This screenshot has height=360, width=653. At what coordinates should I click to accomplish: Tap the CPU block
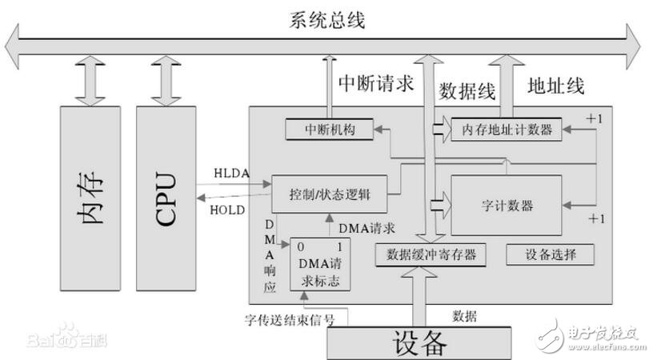tap(166, 197)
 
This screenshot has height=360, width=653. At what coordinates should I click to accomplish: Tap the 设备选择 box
tap(550, 254)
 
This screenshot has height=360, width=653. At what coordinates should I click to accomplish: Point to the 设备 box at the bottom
tap(419, 343)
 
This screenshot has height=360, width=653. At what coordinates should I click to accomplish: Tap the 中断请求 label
tap(371, 82)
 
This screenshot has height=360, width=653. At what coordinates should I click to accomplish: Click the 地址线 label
tap(556, 84)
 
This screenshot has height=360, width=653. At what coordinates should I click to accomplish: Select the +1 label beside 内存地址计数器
tap(594, 118)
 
